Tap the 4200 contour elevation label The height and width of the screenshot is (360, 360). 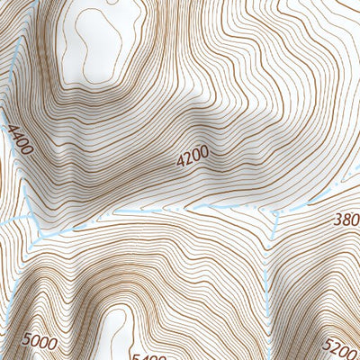point(193,157)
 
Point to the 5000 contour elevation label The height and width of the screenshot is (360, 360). point(40,342)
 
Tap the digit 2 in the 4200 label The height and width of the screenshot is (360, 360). point(188,159)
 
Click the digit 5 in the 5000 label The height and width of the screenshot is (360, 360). point(29,339)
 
